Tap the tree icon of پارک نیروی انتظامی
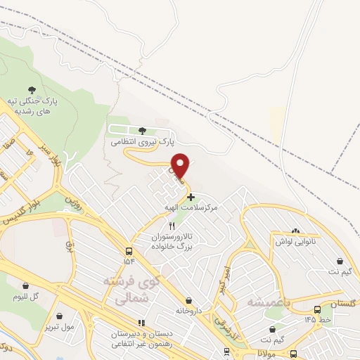[x=143, y=131]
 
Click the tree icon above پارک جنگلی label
[x=31, y=90]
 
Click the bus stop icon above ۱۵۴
[x=129, y=250]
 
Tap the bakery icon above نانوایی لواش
[x=295, y=231]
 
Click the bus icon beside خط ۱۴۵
[x=318, y=308]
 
